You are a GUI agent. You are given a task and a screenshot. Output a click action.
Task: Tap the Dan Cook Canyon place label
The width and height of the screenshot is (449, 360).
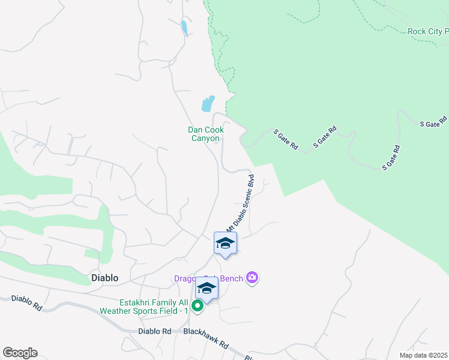pos(206,134)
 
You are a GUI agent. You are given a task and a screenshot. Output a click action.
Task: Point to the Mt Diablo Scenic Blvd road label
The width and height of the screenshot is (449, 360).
pos(241,203)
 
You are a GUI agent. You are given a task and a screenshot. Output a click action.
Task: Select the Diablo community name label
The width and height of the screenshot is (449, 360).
pos(104,278)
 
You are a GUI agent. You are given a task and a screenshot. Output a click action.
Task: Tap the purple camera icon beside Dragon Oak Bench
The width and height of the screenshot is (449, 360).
pos(253,277)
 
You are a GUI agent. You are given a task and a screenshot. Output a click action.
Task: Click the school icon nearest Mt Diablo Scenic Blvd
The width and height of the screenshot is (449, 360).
pos(225,243)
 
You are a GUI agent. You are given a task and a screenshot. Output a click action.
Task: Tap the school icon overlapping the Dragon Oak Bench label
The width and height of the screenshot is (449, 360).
pos(206,289)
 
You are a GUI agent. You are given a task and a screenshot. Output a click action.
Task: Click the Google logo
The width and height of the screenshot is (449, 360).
pos(20,353)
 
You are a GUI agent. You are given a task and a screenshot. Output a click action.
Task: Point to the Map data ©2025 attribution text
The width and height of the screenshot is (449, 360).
pos(423,355)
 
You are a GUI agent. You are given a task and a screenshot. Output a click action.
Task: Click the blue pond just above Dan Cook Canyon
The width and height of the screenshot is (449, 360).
pos(208,104)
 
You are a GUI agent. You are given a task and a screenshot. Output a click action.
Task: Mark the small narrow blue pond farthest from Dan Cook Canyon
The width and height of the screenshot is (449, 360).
pos(183,27)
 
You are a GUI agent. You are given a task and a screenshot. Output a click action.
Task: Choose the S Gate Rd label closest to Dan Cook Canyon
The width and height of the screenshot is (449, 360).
pos(286,139)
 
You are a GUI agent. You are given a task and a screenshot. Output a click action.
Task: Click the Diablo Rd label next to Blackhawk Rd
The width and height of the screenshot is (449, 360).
pos(154,331)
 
